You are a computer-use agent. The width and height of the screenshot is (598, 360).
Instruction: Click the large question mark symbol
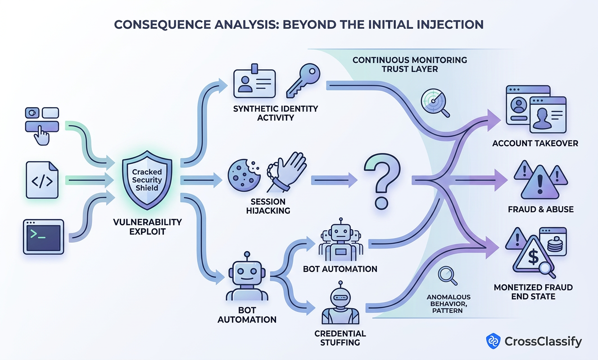[382, 181]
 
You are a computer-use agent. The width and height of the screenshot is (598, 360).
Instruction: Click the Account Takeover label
[535, 144]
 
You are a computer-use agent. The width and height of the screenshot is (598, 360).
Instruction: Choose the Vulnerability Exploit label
[148, 227]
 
